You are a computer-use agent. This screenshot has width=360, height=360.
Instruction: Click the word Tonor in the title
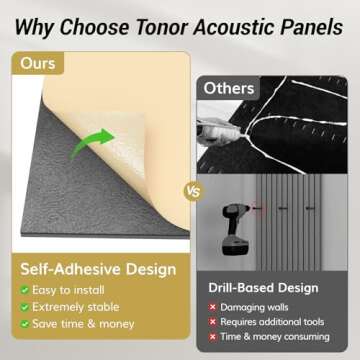point(163,18)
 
